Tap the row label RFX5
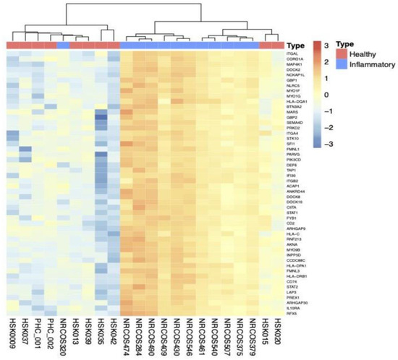click(x=292, y=314)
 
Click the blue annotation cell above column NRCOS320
click(x=63, y=45)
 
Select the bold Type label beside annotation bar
click(x=295, y=45)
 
